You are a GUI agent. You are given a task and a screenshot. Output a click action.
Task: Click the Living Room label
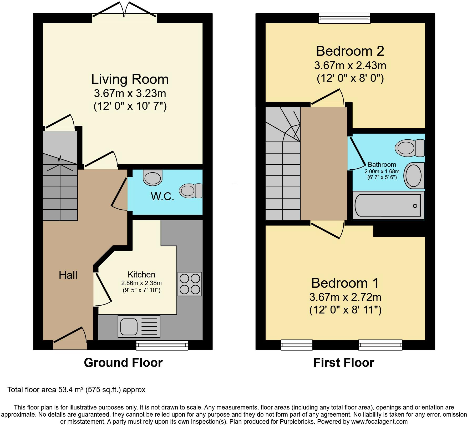coord(130,79)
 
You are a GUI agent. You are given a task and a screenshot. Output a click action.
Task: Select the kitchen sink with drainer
coord(139,326)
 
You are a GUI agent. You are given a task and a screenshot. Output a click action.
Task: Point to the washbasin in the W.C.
coord(153,178)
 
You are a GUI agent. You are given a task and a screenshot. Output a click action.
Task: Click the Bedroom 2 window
coord(344,18)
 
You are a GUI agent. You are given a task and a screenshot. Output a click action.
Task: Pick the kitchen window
coord(162,345)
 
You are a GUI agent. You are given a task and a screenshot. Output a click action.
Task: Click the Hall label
coord(68,275)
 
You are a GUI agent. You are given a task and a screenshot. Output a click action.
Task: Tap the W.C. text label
coord(162,196)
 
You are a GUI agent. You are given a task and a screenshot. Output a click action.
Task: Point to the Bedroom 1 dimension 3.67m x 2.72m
coord(345,297)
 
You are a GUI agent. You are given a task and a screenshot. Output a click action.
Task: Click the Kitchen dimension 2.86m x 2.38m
coord(141,283)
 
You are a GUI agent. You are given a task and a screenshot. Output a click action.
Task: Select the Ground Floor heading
coord(123,363)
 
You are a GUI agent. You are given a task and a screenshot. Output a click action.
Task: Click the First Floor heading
coord(343,363)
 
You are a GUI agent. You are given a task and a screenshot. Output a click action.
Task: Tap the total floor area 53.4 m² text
coord(76,389)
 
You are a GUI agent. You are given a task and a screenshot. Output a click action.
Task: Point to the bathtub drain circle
coord(415,206)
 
